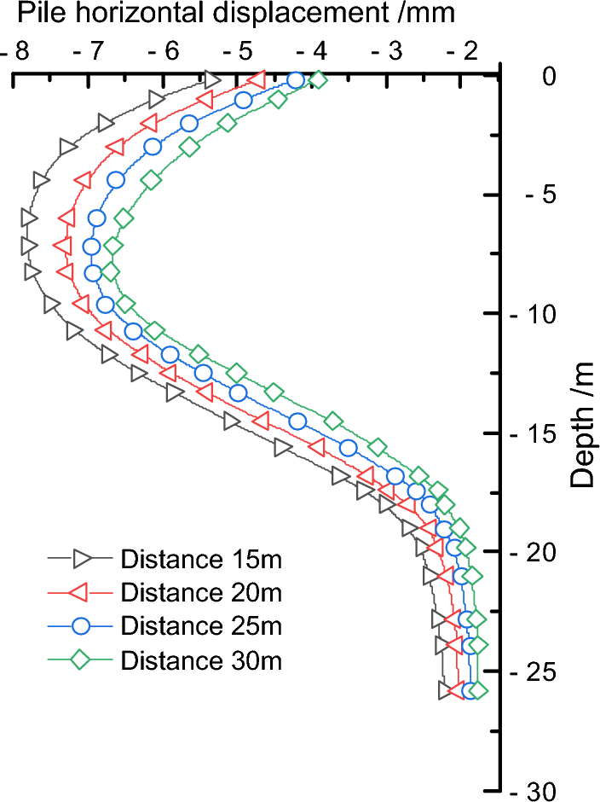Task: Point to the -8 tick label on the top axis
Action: pyautogui.click(x=17, y=50)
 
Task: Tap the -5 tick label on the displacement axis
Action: pyautogui.click(x=240, y=50)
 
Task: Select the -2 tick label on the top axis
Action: pyautogui.click(x=465, y=50)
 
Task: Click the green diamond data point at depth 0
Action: pyautogui.click(x=318, y=80)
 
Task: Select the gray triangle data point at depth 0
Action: pyautogui.click(x=212, y=80)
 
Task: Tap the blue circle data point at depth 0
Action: pyautogui.click(x=295, y=80)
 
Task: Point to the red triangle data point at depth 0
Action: pyautogui.click(x=257, y=80)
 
